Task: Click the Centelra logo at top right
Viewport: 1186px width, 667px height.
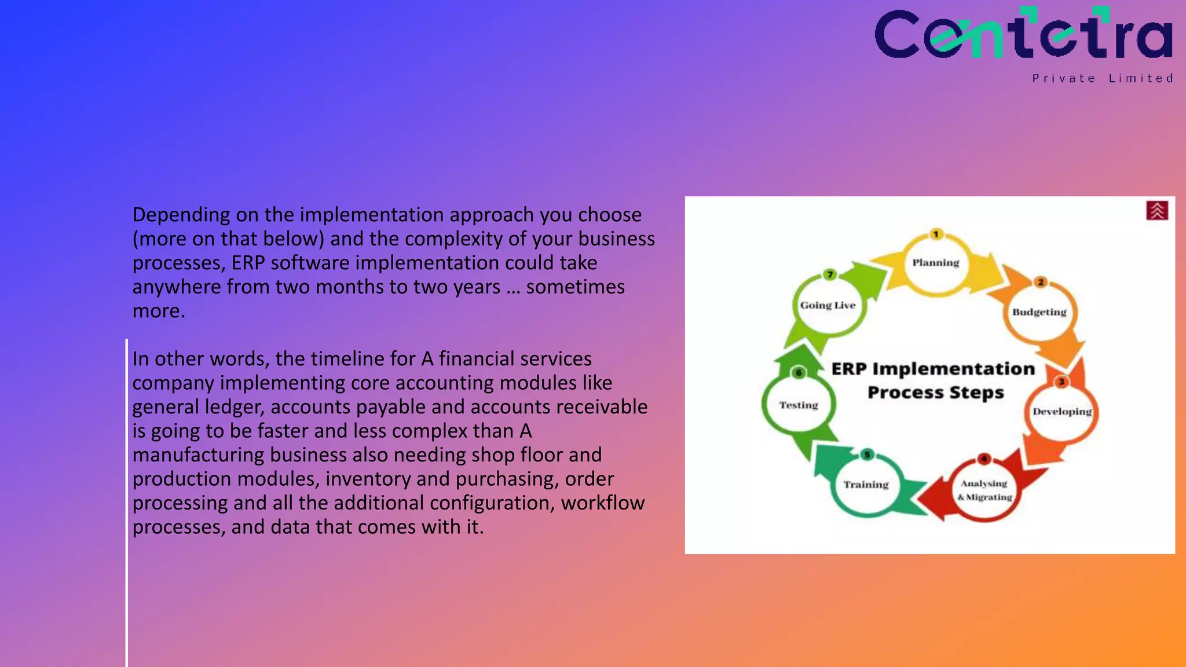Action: [1023, 35]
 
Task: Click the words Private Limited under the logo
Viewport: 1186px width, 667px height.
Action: [1103, 78]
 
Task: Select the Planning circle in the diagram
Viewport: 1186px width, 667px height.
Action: [936, 263]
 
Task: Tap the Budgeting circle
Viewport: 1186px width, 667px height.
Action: [1039, 312]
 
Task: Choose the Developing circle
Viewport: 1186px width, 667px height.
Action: [1061, 412]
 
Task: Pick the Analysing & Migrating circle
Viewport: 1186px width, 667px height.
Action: [984, 490]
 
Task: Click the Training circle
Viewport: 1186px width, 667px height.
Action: [866, 485]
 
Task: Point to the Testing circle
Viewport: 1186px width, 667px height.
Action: [799, 405]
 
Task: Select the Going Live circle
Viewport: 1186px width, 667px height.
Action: [828, 305]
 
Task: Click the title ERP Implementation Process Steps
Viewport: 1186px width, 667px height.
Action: [934, 380]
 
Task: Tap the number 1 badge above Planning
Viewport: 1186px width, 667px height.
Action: [936, 234]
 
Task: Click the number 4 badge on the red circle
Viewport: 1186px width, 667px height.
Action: [984, 459]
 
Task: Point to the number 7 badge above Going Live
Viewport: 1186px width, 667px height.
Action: [830, 274]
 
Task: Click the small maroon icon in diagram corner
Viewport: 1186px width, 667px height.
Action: [1156, 211]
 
